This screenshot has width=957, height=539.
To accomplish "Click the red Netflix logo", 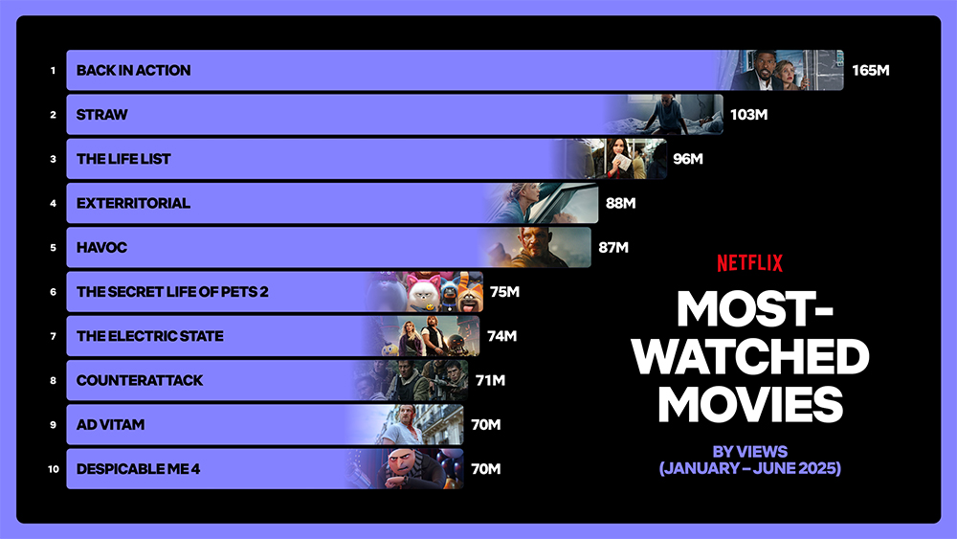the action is (749, 263).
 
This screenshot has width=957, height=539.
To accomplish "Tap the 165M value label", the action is (870, 70).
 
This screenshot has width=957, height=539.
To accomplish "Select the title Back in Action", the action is (134, 70).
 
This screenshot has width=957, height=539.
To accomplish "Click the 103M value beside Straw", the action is (749, 115).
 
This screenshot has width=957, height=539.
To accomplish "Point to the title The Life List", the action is (123, 159).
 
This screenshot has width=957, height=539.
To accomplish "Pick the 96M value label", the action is (688, 159).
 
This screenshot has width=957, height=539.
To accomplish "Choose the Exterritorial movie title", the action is (133, 203).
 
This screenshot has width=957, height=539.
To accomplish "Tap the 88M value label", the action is (621, 203).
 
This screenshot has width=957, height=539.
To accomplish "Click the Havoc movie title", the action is (102, 247).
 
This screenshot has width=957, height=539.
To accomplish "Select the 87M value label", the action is (613, 247).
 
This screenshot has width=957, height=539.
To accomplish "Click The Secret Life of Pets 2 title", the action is (172, 292).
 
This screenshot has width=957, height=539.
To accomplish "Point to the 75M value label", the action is (504, 292).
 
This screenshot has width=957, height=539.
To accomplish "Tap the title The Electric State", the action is (149, 336).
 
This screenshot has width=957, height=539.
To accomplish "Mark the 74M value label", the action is (501, 336).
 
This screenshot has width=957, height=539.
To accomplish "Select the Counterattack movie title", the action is (139, 380).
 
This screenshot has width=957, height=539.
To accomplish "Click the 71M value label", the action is (490, 380).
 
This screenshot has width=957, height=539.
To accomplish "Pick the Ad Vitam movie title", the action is (110, 424).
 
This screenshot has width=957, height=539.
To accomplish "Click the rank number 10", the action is (53, 469).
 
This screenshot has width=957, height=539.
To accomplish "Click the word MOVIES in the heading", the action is (750, 405).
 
